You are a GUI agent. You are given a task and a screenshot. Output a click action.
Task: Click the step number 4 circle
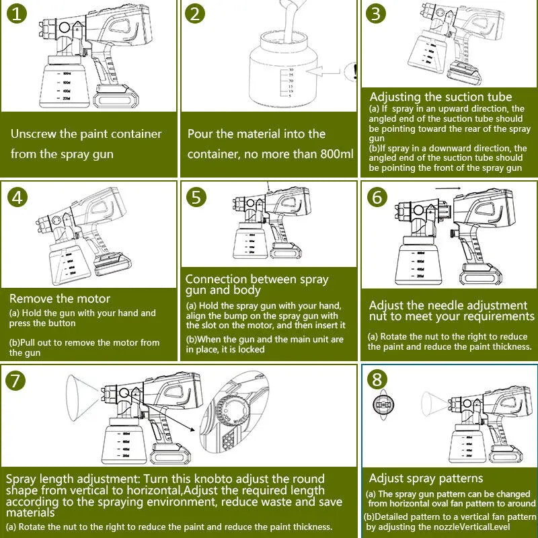point(17,198)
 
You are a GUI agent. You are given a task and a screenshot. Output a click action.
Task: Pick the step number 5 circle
point(196,197)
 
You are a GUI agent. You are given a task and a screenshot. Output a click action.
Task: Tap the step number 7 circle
point(17,381)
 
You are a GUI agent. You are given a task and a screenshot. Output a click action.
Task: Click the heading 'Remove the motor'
point(60,299)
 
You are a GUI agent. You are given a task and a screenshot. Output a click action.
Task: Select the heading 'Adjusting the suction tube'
point(440,98)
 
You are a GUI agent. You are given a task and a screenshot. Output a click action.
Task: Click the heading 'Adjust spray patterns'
point(426,478)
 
